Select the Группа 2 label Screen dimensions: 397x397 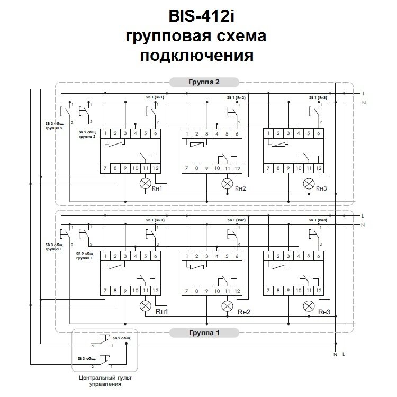tap(204, 82)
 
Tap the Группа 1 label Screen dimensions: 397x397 tap(204, 333)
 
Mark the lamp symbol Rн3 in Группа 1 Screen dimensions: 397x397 tap(309, 305)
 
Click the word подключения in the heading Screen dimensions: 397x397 tap(197, 55)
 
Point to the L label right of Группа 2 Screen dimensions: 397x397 tap(364, 94)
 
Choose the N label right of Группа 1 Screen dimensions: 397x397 tap(364, 224)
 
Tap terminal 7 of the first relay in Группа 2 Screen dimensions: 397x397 tap(106, 169)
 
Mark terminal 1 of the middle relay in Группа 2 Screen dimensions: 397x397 tap(187, 133)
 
